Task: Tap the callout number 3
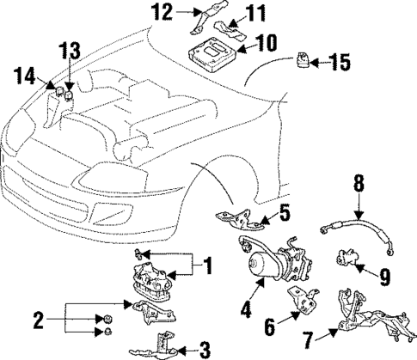coord(204,349)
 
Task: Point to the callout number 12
coord(163,11)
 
